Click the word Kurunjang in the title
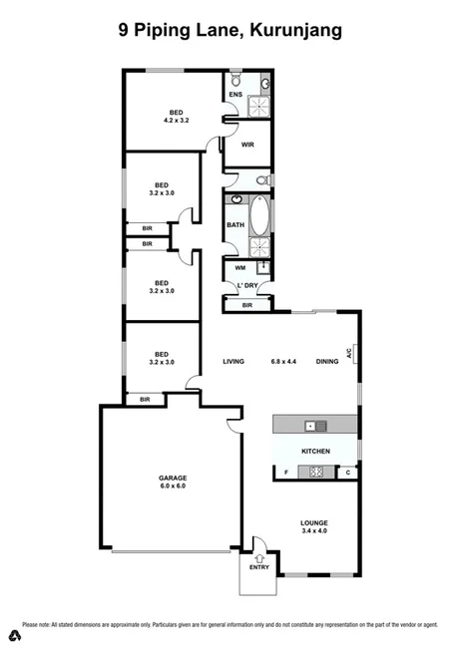(295, 31)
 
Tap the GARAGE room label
(174, 478)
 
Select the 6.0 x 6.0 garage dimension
(174, 487)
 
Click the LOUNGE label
(314, 522)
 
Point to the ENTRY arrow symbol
(259, 557)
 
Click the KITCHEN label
(315, 452)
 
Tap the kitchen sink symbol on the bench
(311, 427)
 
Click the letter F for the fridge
(286, 472)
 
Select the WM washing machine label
(240, 267)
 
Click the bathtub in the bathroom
(259, 215)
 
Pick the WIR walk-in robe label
(246, 144)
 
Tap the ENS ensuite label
(235, 96)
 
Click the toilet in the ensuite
(235, 79)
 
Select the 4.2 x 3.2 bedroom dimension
(177, 120)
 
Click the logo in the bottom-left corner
(15, 636)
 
